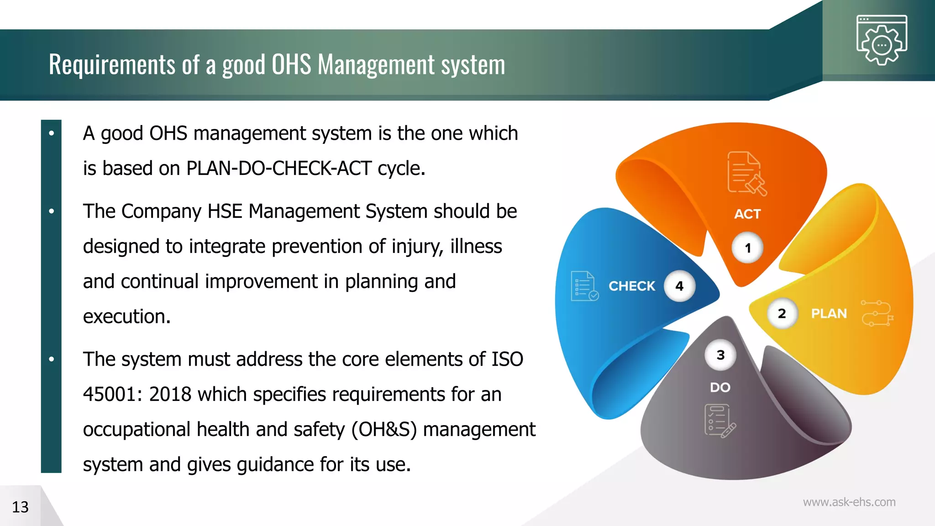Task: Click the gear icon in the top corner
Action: click(x=882, y=41)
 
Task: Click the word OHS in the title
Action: click(x=291, y=64)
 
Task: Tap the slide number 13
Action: click(x=20, y=507)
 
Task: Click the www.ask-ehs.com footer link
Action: click(x=849, y=502)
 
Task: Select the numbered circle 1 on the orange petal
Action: click(x=747, y=248)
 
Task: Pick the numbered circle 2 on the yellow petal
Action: click(x=782, y=314)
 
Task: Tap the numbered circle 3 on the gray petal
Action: click(x=720, y=355)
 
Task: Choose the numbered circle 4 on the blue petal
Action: click(x=679, y=286)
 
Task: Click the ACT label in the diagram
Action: click(x=747, y=214)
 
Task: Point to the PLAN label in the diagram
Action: click(x=829, y=314)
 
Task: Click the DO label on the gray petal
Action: click(x=720, y=388)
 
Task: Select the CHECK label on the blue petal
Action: click(x=631, y=286)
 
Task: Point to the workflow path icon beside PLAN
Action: click(x=877, y=313)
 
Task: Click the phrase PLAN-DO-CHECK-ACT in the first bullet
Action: click(x=279, y=168)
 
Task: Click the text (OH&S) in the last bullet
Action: click(x=384, y=430)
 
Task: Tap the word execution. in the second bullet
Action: click(x=126, y=316)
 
